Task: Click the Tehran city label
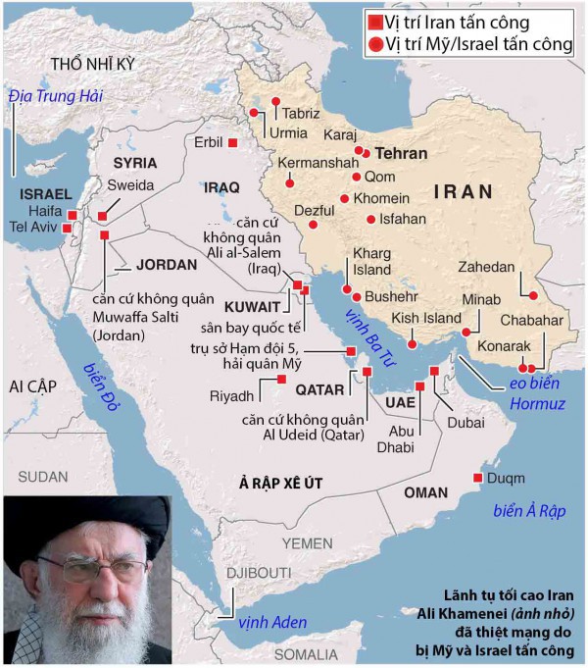click(402, 154)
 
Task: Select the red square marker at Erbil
click(233, 143)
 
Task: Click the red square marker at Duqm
click(477, 478)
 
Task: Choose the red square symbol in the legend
click(373, 22)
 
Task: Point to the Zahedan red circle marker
click(533, 295)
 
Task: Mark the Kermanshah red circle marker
click(291, 179)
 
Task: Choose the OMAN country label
click(425, 491)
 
